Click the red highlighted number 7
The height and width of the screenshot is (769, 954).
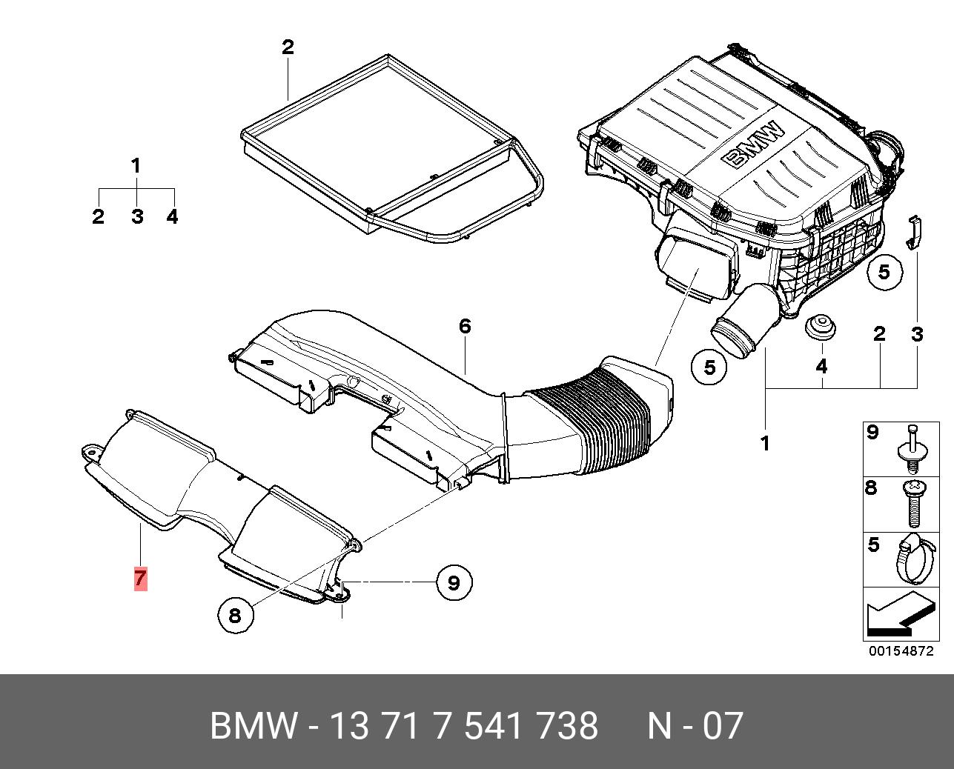click(140, 578)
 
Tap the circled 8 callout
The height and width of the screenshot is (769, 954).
click(235, 615)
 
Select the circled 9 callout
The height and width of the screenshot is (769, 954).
click(453, 582)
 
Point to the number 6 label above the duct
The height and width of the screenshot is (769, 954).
click(465, 326)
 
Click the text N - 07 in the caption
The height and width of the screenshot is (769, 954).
click(695, 726)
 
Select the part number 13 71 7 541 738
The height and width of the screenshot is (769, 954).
click(463, 726)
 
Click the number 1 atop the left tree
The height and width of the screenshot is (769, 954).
click(136, 166)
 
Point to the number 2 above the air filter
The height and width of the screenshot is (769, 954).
click(288, 47)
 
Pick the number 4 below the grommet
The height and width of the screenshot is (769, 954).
click(821, 366)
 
